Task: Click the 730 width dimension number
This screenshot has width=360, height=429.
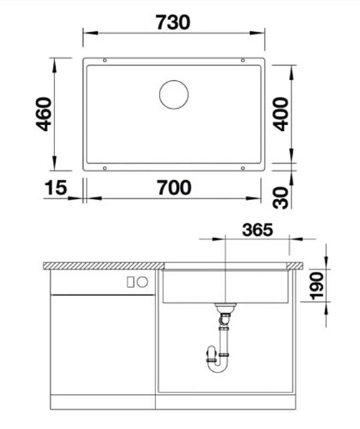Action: [x=173, y=22]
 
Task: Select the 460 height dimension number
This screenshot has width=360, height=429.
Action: [x=44, y=114]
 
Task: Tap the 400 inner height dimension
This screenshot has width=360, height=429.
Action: [x=281, y=114]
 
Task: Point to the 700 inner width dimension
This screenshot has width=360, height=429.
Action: [x=175, y=187]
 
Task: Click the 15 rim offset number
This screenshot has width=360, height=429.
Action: [x=56, y=187]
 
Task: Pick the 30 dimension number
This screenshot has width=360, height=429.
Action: [x=281, y=197]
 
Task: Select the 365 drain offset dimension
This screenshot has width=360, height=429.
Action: [x=258, y=230]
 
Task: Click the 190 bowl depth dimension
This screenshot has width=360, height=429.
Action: [x=317, y=285]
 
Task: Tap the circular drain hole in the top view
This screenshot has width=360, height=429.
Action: [x=174, y=94]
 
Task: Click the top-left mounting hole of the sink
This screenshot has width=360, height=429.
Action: [x=104, y=60]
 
